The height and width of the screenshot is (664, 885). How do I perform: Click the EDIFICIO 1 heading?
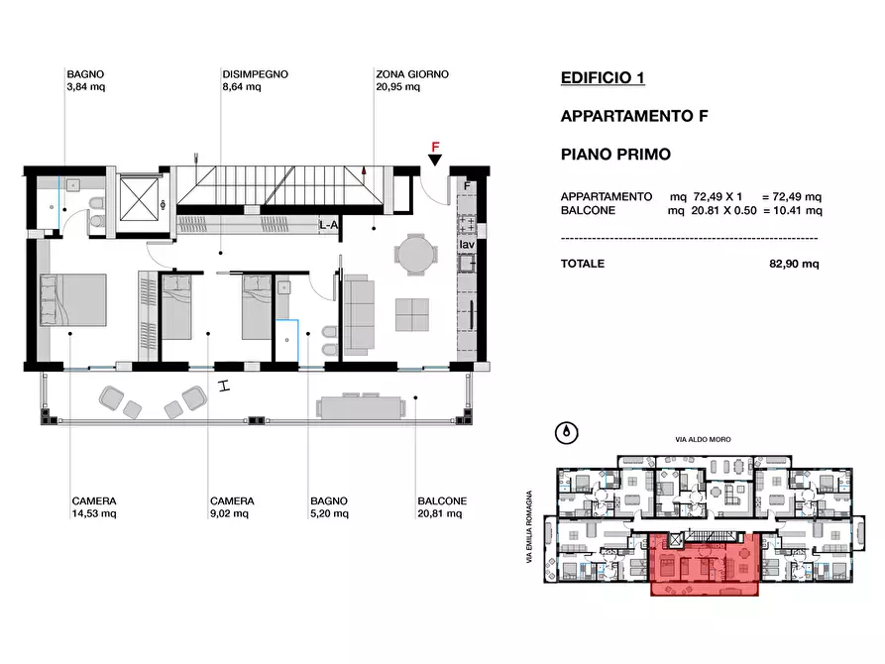pos(603,77)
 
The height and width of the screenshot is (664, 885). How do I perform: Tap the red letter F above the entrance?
pos(435,147)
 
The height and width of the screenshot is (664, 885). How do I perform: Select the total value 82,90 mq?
pos(794,264)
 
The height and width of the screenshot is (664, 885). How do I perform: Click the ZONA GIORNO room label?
pos(412,74)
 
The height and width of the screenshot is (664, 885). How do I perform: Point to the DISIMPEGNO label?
pos(255,74)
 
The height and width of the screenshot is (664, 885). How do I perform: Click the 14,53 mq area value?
pos(94,513)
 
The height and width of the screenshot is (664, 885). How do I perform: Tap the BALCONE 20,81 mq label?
pos(442,507)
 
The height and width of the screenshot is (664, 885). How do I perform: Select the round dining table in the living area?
pos(415,255)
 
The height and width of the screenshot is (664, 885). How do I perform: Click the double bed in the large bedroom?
pos(73,300)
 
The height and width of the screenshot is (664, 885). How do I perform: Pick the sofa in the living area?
pos(359,315)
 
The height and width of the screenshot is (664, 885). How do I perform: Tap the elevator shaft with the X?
pos(139,200)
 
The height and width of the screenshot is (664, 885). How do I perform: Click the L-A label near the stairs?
pos(328,225)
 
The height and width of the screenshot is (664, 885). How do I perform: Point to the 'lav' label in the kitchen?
pos(467,245)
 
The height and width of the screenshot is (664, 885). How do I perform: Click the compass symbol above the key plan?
pos(567,433)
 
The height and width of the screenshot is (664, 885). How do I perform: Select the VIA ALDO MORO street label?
pos(703,439)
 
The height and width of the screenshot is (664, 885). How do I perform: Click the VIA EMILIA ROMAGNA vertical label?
pos(529,527)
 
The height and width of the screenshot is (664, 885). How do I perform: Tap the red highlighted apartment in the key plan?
pos(705,564)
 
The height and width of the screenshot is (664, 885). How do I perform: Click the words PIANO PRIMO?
pos(615,155)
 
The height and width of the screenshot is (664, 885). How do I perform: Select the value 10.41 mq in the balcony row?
pos(798,211)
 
